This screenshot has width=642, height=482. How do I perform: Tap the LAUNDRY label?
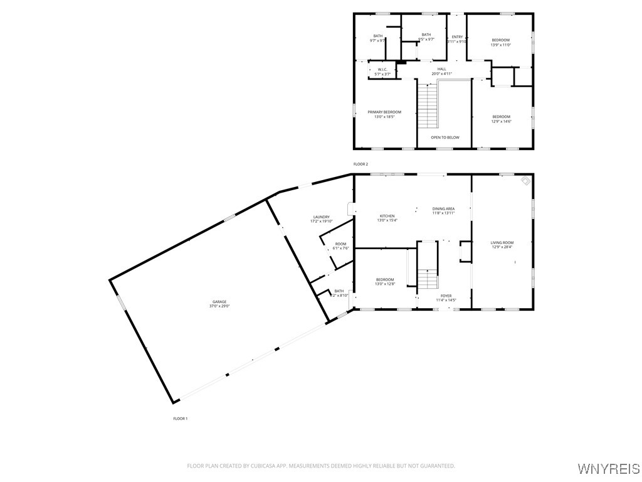point(322,217)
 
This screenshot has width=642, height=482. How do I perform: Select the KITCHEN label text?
point(387,216)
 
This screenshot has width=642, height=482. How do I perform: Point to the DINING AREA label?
point(443,208)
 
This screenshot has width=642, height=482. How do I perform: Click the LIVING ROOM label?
point(502,242)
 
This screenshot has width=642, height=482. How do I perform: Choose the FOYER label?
point(446,296)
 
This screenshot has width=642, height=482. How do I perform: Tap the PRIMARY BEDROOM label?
point(384,112)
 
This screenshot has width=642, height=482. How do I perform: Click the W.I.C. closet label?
point(382,70)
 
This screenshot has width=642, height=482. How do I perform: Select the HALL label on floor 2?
point(442,69)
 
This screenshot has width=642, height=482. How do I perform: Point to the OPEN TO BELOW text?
point(445,137)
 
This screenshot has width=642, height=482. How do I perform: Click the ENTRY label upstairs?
point(457,37)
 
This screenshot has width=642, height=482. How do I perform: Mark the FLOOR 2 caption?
point(360,164)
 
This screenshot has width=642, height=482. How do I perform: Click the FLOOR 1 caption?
point(181,418)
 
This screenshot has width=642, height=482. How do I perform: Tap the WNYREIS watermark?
point(608,469)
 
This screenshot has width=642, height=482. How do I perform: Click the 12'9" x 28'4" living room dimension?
point(502,247)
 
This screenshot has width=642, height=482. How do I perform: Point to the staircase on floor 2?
point(428,107)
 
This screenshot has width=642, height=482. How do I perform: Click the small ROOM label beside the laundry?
point(340,244)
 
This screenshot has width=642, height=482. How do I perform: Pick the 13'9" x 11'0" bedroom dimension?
point(500,45)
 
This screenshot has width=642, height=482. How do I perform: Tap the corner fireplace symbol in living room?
point(525,181)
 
